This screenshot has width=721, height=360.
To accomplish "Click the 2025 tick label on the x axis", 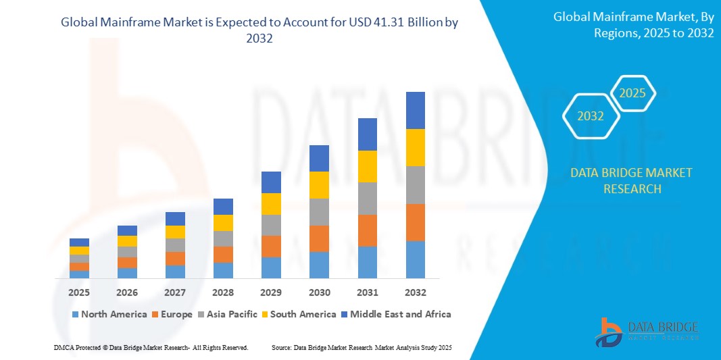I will [x=79, y=292].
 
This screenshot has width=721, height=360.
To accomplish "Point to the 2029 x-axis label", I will [x=271, y=292].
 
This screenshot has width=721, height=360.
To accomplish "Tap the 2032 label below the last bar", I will [x=415, y=292].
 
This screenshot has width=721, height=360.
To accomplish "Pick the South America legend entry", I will [x=299, y=314].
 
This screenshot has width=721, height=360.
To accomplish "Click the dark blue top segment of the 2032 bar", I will [x=415, y=110].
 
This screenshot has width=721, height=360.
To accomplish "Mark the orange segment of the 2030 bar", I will [x=319, y=238].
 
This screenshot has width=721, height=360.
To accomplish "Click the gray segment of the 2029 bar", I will [x=271, y=225].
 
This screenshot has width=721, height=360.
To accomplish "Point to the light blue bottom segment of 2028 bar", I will [x=223, y=270].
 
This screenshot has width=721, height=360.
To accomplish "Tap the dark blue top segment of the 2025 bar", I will [x=79, y=242].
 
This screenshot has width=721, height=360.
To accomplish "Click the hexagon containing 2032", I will [x=591, y=116].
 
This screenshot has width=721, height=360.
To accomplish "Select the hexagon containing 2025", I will [x=632, y=94].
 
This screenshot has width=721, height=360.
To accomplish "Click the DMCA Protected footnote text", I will [x=151, y=347].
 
